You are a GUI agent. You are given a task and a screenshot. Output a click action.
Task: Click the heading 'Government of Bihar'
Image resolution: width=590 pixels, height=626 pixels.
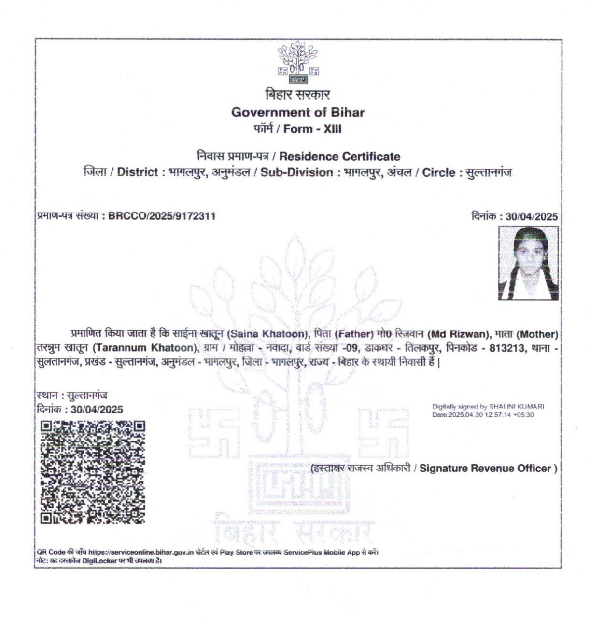[x=298, y=113]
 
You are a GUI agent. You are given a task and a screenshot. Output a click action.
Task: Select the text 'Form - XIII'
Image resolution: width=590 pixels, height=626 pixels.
[x=312, y=129]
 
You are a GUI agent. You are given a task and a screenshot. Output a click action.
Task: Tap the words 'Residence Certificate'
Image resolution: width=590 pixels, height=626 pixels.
[x=340, y=156]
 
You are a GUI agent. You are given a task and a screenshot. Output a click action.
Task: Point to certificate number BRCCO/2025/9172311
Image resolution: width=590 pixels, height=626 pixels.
[x=162, y=216]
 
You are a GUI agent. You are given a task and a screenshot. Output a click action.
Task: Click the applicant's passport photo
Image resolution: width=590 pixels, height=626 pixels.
[x=529, y=263]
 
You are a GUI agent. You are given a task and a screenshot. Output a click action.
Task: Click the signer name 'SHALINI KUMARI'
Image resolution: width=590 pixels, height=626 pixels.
[x=517, y=407]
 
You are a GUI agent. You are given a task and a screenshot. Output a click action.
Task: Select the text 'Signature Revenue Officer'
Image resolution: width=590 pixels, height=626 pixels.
[x=485, y=468]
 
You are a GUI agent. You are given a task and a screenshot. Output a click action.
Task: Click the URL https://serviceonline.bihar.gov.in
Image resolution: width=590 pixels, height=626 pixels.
[x=141, y=552]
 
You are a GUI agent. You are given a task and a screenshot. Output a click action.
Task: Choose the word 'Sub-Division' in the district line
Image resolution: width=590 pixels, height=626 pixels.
[x=297, y=172]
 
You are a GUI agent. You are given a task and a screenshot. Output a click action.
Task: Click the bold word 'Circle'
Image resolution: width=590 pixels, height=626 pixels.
[x=439, y=172]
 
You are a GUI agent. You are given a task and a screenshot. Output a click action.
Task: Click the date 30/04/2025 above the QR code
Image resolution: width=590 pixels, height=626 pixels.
[x=97, y=410]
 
